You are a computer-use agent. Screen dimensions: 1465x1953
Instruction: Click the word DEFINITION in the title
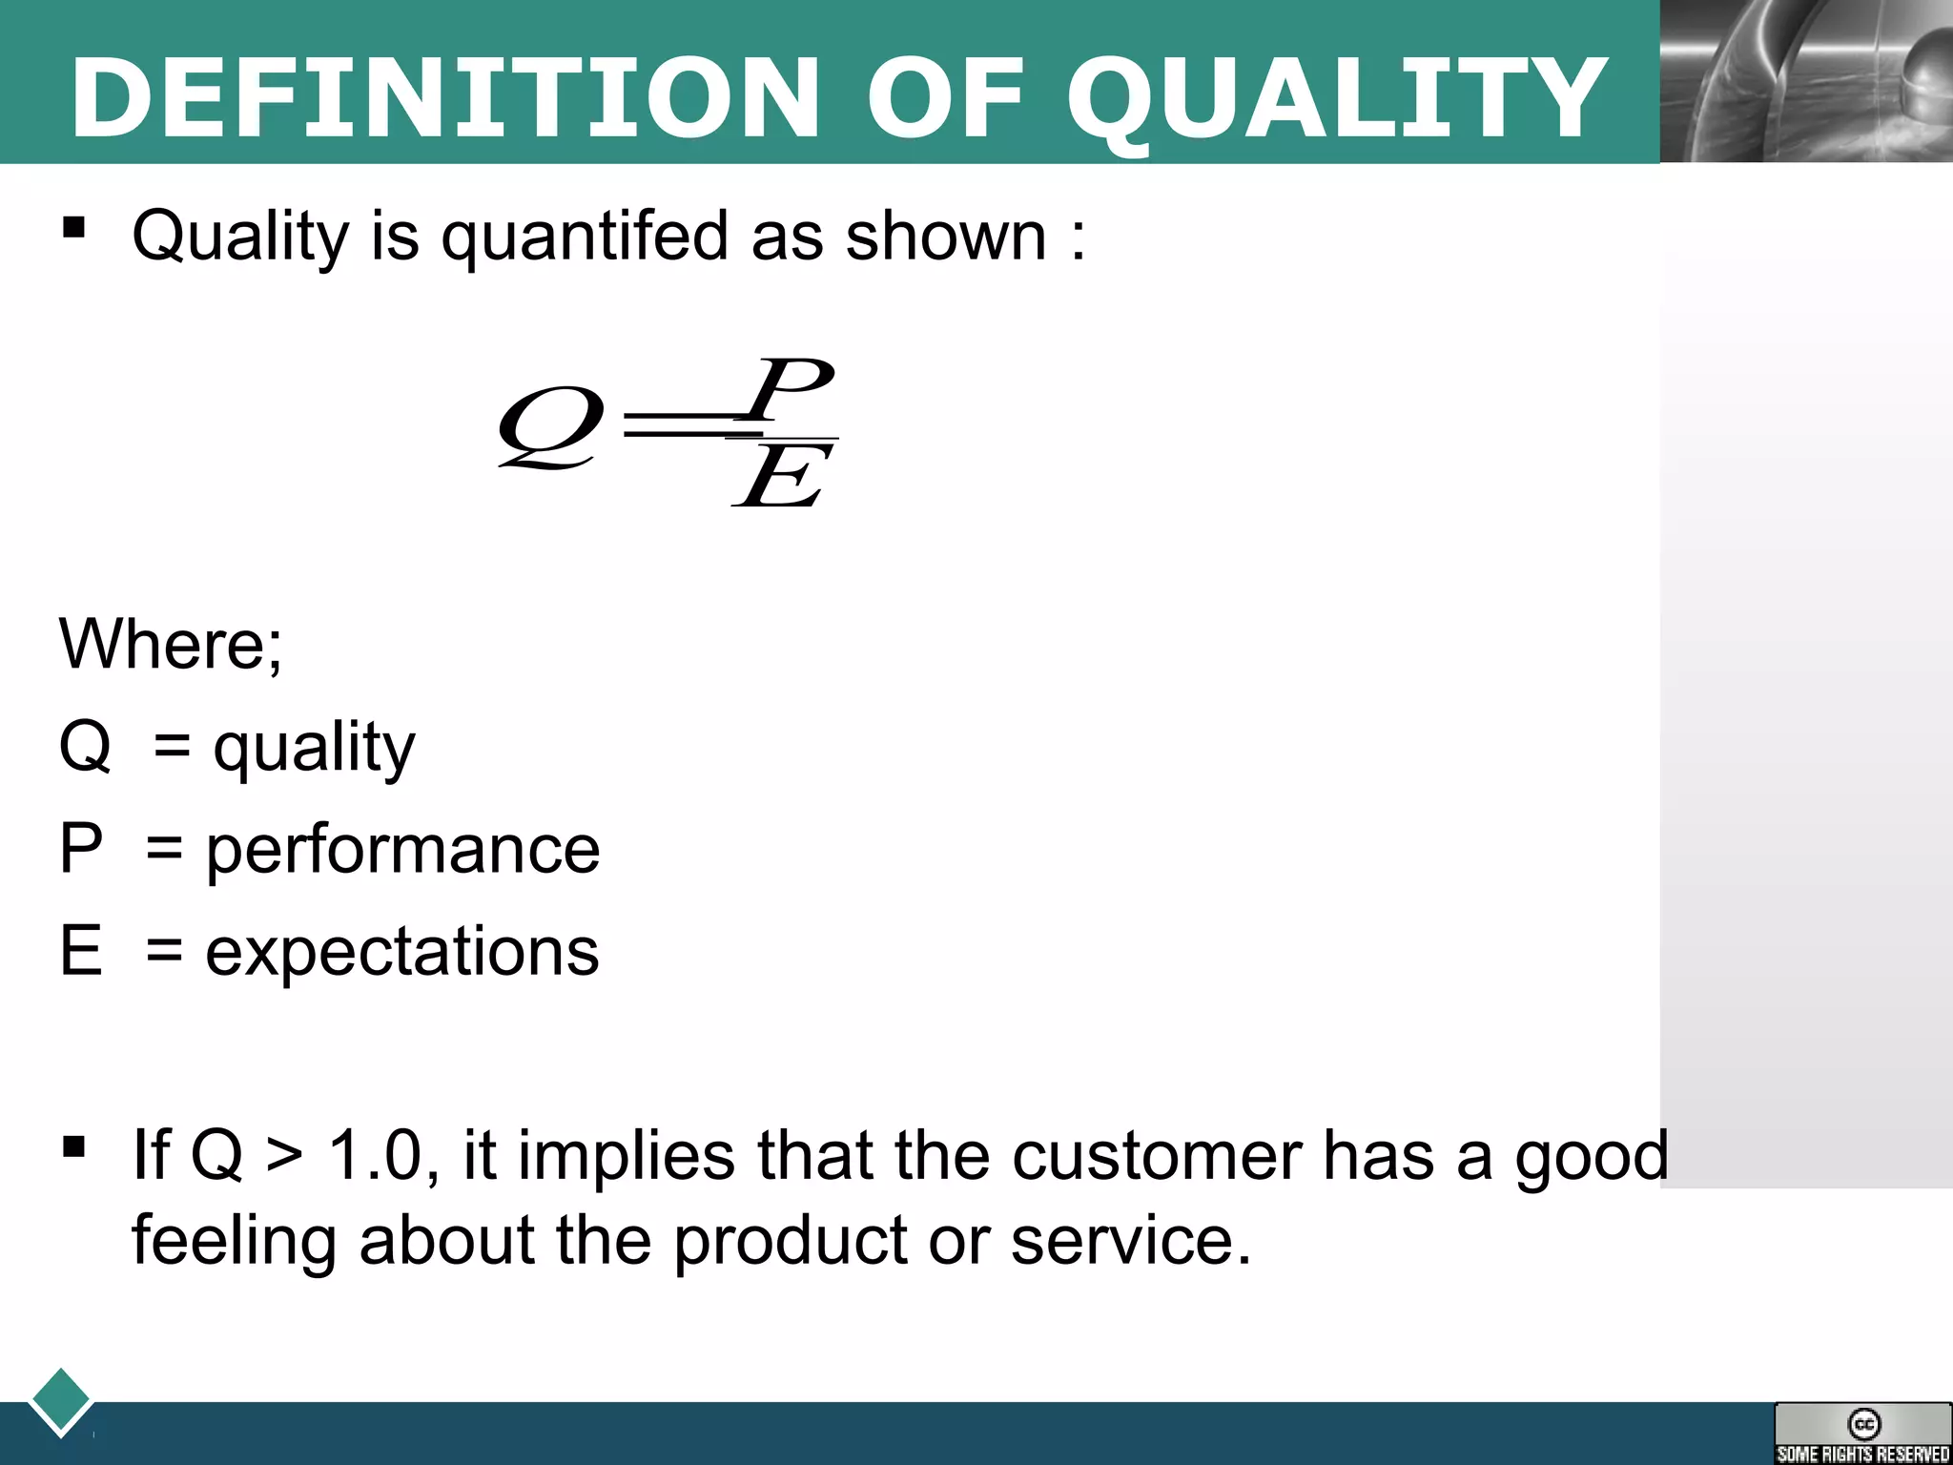pos(444,97)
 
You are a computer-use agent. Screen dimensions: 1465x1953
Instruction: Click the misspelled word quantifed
pos(585,236)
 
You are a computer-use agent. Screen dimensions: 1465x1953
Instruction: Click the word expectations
pos(402,951)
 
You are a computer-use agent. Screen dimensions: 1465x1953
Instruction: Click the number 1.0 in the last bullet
pos(376,1155)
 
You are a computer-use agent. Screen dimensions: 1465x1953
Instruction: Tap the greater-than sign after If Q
pos(284,1157)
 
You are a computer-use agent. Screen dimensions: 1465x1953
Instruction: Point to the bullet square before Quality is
pos(73,228)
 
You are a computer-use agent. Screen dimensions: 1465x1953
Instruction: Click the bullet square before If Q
pos(73,1147)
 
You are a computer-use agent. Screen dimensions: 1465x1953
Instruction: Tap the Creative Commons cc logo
pos(1863,1424)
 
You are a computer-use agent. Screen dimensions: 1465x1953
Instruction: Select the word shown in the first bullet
pos(946,236)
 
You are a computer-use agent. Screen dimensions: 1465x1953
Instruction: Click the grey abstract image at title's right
pos(1806,81)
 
